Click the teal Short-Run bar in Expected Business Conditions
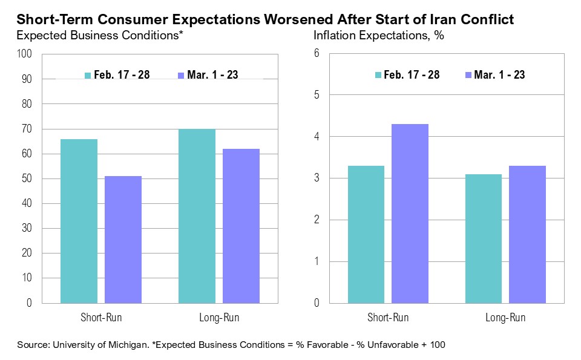(79, 221)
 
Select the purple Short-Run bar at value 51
(123, 239)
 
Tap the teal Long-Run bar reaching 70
(197, 215)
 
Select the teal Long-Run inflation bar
(484, 238)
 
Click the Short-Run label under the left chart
(101, 318)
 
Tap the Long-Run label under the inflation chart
(505, 318)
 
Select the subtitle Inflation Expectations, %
(379, 36)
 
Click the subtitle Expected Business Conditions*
(100, 36)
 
